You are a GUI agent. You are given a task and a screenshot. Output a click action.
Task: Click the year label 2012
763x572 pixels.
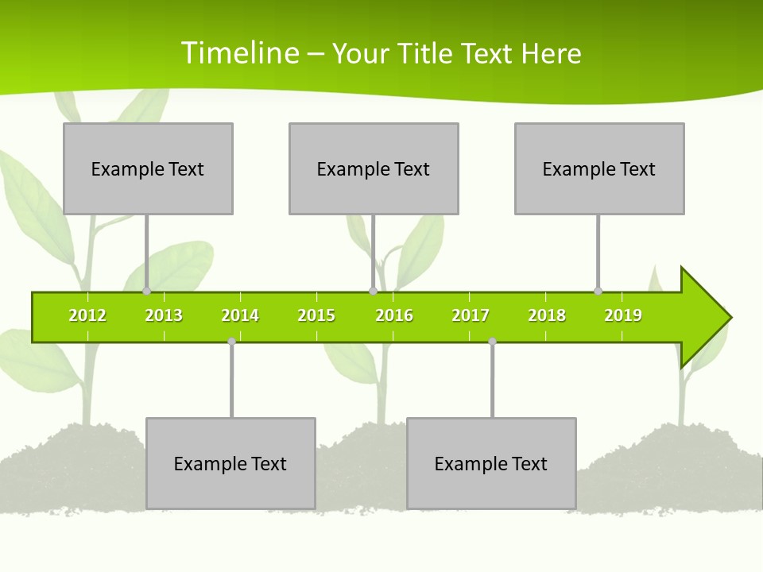click(x=87, y=315)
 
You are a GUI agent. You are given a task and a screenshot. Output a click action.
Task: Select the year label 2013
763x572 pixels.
click(x=164, y=315)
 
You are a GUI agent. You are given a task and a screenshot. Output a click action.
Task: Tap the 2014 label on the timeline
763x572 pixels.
click(x=240, y=315)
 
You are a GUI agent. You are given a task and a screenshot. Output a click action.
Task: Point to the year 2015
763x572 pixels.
click(x=316, y=315)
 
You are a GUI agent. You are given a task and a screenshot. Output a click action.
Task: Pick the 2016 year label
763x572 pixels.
click(x=394, y=315)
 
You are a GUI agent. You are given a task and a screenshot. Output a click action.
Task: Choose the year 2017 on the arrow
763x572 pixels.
click(x=471, y=315)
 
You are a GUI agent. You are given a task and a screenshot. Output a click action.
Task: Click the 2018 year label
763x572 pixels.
click(x=547, y=315)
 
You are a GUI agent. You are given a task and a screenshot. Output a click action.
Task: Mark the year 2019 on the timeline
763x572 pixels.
click(x=623, y=315)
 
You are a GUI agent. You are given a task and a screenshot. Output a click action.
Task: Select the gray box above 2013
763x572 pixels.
click(x=148, y=168)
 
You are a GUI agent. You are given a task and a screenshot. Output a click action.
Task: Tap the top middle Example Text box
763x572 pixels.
click(x=374, y=168)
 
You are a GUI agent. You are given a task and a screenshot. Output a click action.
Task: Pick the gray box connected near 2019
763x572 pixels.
click(x=599, y=168)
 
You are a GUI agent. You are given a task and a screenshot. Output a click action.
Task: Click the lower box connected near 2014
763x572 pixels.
click(x=230, y=463)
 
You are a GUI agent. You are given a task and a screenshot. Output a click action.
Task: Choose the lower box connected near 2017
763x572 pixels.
click(x=491, y=463)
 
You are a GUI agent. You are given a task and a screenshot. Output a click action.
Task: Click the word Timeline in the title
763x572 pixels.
click(x=238, y=53)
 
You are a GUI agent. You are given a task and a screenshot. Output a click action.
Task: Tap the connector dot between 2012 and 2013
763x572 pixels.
click(x=147, y=291)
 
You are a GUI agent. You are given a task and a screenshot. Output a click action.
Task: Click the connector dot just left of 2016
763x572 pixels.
click(x=373, y=291)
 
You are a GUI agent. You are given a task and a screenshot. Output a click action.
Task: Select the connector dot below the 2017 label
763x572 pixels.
click(x=492, y=342)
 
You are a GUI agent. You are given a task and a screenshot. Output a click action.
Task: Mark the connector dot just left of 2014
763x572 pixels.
click(x=231, y=342)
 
